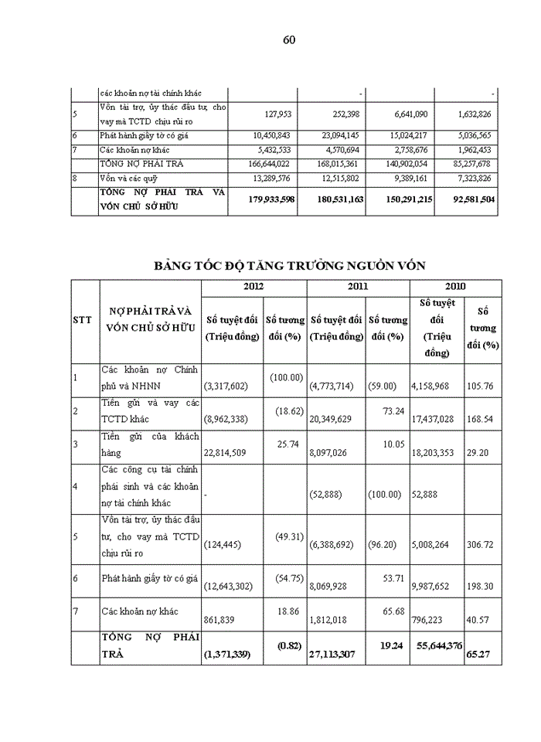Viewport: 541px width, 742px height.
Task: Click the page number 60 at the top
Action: coord(289,40)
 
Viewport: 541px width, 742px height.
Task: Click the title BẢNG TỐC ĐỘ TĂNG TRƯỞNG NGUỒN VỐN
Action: coord(290,266)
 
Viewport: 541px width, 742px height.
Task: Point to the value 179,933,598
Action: coord(261,199)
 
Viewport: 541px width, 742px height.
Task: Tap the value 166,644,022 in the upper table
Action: coord(265,164)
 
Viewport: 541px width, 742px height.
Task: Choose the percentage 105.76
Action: coord(482,384)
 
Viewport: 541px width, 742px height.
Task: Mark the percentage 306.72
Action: coord(482,544)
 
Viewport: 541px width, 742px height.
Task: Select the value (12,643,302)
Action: coord(234,588)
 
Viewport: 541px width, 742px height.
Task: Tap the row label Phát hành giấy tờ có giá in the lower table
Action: coord(149,577)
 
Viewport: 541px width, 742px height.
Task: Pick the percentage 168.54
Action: coord(482,424)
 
